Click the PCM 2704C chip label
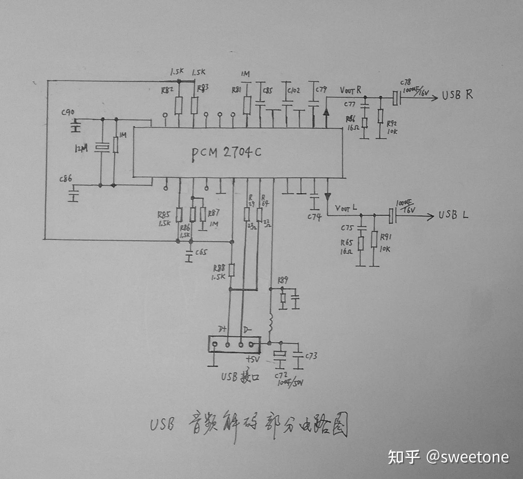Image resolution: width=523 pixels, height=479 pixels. click(x=226, y=153)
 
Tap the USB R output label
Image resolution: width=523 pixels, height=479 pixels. click(x=457, y=95)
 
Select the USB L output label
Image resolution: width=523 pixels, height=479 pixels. click(x=453, y=215)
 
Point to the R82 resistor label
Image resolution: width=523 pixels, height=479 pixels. click(x=167, y=90)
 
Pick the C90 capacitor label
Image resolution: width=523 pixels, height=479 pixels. click(x=68, y=113)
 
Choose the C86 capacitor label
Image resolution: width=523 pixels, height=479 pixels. click(x=66, y=179)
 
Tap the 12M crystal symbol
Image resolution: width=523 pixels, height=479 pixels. click(x=102, y=148)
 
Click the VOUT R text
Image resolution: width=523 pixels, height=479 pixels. click(x=350, y=90)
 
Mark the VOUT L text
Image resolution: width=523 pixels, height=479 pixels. click(x=346, y=208)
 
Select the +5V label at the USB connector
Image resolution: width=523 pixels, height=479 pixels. click(x=253, y=360)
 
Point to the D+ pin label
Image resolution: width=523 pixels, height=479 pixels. click(x=222, y=329)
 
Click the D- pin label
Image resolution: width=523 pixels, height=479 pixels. click(x=247, y=330)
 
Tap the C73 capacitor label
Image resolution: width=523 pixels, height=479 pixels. click(x=311, y=356)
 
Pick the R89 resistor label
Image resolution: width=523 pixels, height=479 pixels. click(x=283, y=280)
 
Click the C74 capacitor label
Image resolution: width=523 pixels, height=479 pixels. click(x=314, y=217)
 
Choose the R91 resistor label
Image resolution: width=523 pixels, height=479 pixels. click(x=385, y=237)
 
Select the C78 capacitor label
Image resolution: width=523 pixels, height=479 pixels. click(x=405, y=82)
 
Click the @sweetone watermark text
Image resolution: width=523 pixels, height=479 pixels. click(x=468, y=457)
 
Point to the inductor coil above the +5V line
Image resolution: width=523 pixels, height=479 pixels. click(x=270, y=323)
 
